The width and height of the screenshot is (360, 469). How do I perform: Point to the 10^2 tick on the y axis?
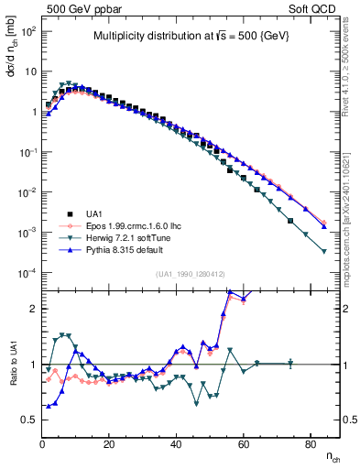[28, 30]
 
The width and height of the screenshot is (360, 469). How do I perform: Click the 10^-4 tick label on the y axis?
[28, 273]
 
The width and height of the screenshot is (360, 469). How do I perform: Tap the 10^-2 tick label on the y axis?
[28, 192]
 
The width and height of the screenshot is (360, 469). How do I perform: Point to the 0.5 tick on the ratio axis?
[27, 420]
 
